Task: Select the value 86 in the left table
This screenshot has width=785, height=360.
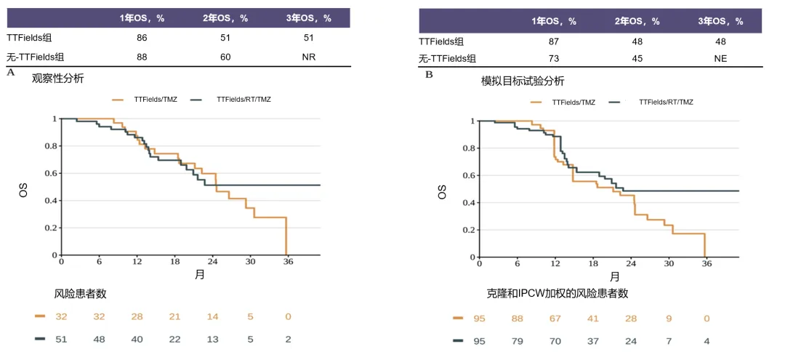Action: tap(142, 38)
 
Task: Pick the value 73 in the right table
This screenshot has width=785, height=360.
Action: tap(553, 59)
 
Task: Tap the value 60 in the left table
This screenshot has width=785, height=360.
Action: tap(225, 56)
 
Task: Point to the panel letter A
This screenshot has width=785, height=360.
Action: tap(10, 72)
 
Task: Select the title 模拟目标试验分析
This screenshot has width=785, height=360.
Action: tap(523, 81)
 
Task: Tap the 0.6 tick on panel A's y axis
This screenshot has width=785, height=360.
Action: tap(51, 173)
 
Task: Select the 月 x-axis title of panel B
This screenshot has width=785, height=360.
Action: tap(614, 277)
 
